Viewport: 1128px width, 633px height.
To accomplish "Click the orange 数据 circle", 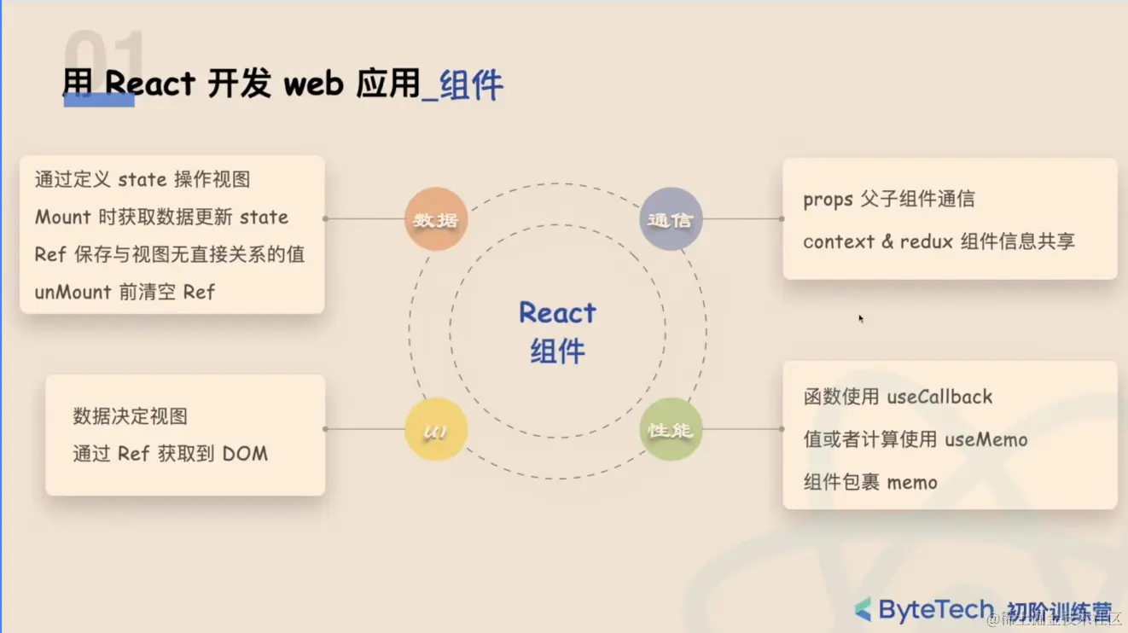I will (x=436, y=219).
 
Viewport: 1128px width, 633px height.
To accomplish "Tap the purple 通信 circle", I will (x=671, y=219).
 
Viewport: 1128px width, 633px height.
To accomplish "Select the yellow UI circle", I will (x=436, y=430).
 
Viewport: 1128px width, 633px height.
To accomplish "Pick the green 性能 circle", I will (x=671, y=430).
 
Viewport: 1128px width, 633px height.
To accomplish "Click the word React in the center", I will (x=557, y=313).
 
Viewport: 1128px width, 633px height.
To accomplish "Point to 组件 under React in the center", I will (x=557, y=351).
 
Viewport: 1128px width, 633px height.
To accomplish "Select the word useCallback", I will (x=939, y=397).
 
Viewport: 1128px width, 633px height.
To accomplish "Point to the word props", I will (x=828, y=200).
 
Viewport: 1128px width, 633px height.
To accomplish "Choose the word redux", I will (x=927, y=241).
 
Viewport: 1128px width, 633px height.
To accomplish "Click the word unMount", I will (x=73, y=292).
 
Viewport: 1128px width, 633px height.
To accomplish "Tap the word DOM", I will (x=245, y=454).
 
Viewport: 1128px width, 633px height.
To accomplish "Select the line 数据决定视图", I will (x=130, y=416).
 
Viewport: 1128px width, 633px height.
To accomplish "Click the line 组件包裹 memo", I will (x=870, y=482).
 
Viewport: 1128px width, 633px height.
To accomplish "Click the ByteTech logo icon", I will (x=863, y=609).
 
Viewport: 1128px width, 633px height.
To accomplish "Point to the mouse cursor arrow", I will (x=861, y=318).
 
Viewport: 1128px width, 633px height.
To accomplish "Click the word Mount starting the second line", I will (x=62, y=217).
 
